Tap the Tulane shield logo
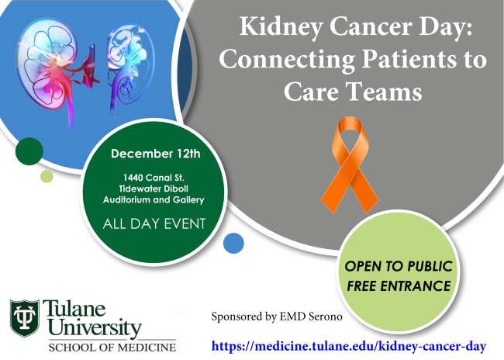(x=25, y=318)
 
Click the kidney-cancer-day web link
(x=349, y=347)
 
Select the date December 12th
(x=156, y=154)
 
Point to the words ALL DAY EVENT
(x=154, y=224)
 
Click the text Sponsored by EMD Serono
(x=277, y=317)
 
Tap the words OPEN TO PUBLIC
(x=399, y=266)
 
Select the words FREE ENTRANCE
(x=399, y=286)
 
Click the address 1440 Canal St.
(x=154, y=178)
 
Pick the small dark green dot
(x=29, y=151)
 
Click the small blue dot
(x=233, y=243)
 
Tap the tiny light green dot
(x=47, y=176)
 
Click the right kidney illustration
(x=130, y=66)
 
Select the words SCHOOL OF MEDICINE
(x=112, y=348)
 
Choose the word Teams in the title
(x=385, y=92)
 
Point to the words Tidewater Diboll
(x=154, y=189)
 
